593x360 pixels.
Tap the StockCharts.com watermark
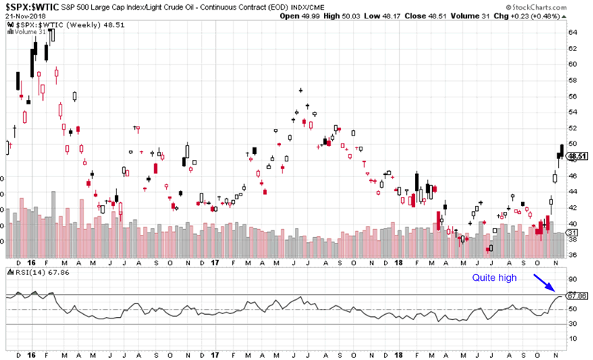(x=554, y=6)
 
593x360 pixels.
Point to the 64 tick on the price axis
(x=572, y=32)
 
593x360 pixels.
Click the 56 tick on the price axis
(x=572, y=96)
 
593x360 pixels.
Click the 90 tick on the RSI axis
(x=572, y=280)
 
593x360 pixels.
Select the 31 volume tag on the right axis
(x=572, y=233)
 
